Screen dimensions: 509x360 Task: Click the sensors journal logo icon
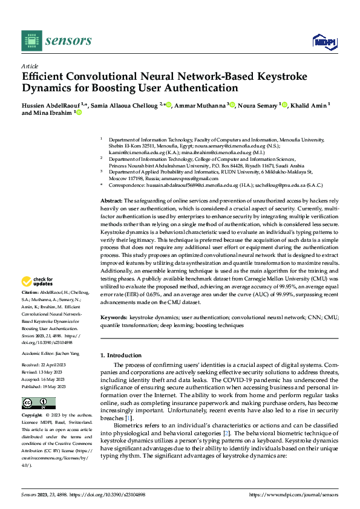tap(31, 41)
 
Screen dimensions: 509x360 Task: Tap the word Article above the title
tap(30, 66)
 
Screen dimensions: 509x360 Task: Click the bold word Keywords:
tap(113, 317)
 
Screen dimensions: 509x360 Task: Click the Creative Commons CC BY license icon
tap(38, 403)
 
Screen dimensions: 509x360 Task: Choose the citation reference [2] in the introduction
tap(226, 433)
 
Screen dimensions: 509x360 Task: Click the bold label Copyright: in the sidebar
tap(32, 415)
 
